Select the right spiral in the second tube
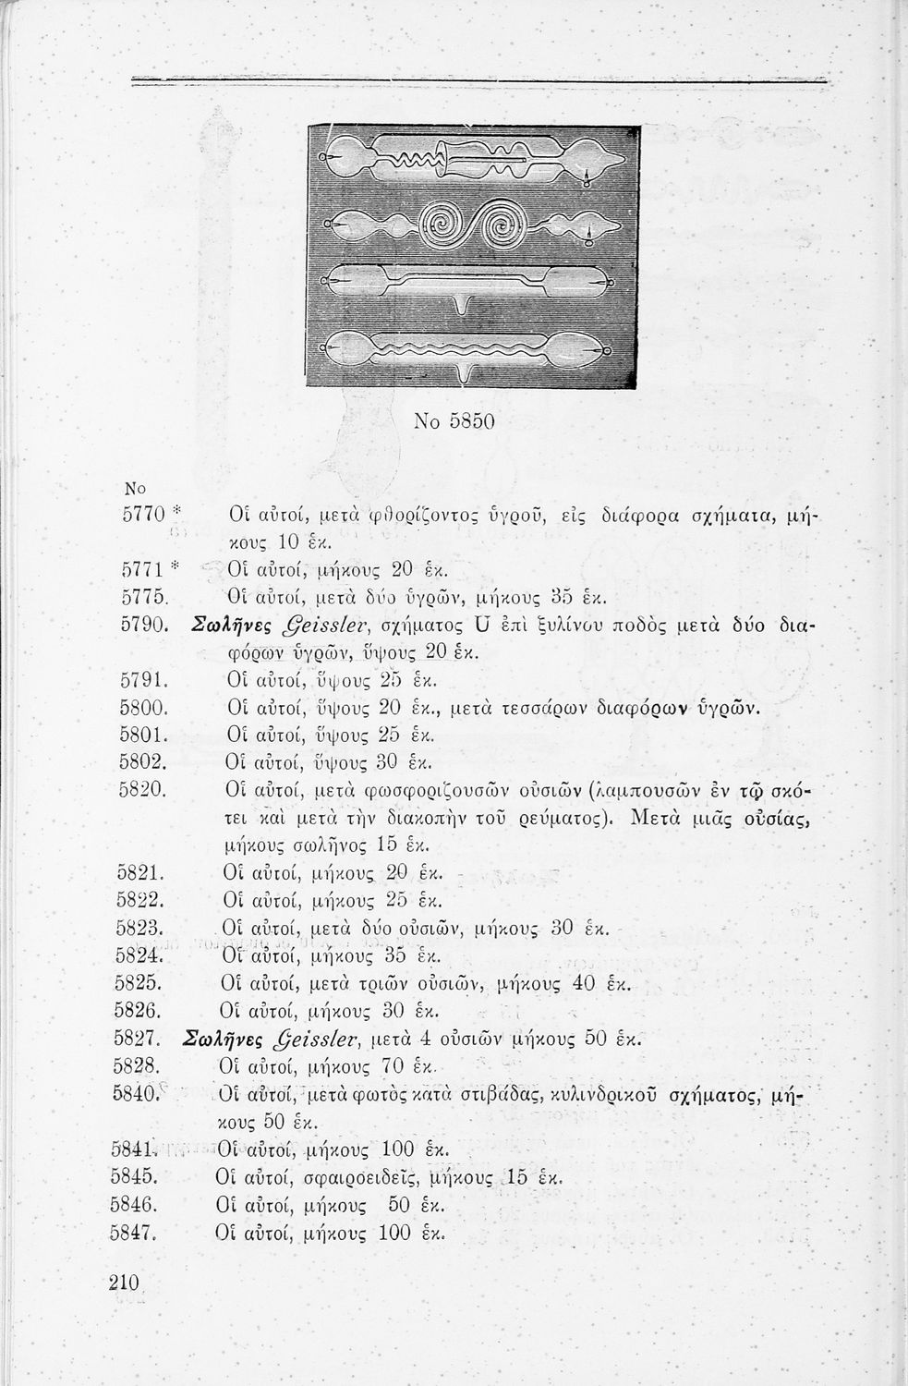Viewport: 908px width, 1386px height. pyautogui.click(x=505, y=225)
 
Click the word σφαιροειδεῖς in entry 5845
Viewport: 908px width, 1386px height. pyautogui.click(x=371, y=1178)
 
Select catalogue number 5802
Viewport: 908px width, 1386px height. pyautogui.click(x=141, y=763)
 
